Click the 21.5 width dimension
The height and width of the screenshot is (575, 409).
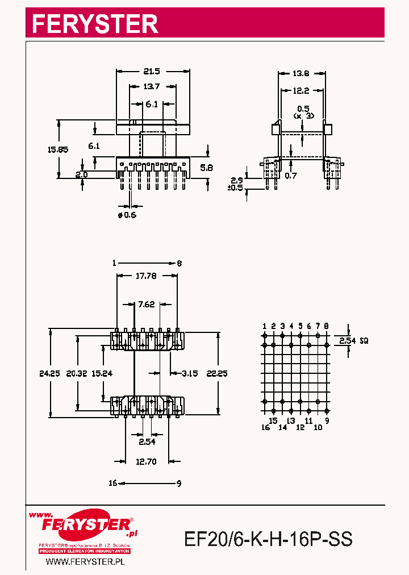click(x=152, y=72)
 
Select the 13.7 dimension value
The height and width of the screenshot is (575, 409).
click(x=152, y=87)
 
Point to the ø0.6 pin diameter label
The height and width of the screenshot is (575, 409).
click(x=127, y=215)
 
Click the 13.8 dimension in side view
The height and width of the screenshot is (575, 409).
click(x=301, y=74)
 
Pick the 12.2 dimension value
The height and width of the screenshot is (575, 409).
click(x=301, y=90)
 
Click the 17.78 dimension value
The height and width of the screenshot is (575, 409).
click(x=147, y=277)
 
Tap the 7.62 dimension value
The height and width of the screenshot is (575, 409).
click(x=146, y=305)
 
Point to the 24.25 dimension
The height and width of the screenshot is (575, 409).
click(x=50, y=373)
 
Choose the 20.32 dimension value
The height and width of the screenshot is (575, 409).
click(x=77, y=373)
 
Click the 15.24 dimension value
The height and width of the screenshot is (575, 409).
click(x=102, y=373)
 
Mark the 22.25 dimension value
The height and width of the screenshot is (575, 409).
click(x=217, y=373)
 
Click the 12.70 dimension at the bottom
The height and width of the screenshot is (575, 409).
click(x=147, y=461)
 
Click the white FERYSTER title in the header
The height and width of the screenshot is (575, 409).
click(x=94, y=24)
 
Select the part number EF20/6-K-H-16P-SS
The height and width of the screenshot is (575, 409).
click(x=268, y=539)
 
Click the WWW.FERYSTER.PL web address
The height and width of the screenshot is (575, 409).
click(x=85, y=561)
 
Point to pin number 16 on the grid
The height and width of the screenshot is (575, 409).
click(x=265, y=427)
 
